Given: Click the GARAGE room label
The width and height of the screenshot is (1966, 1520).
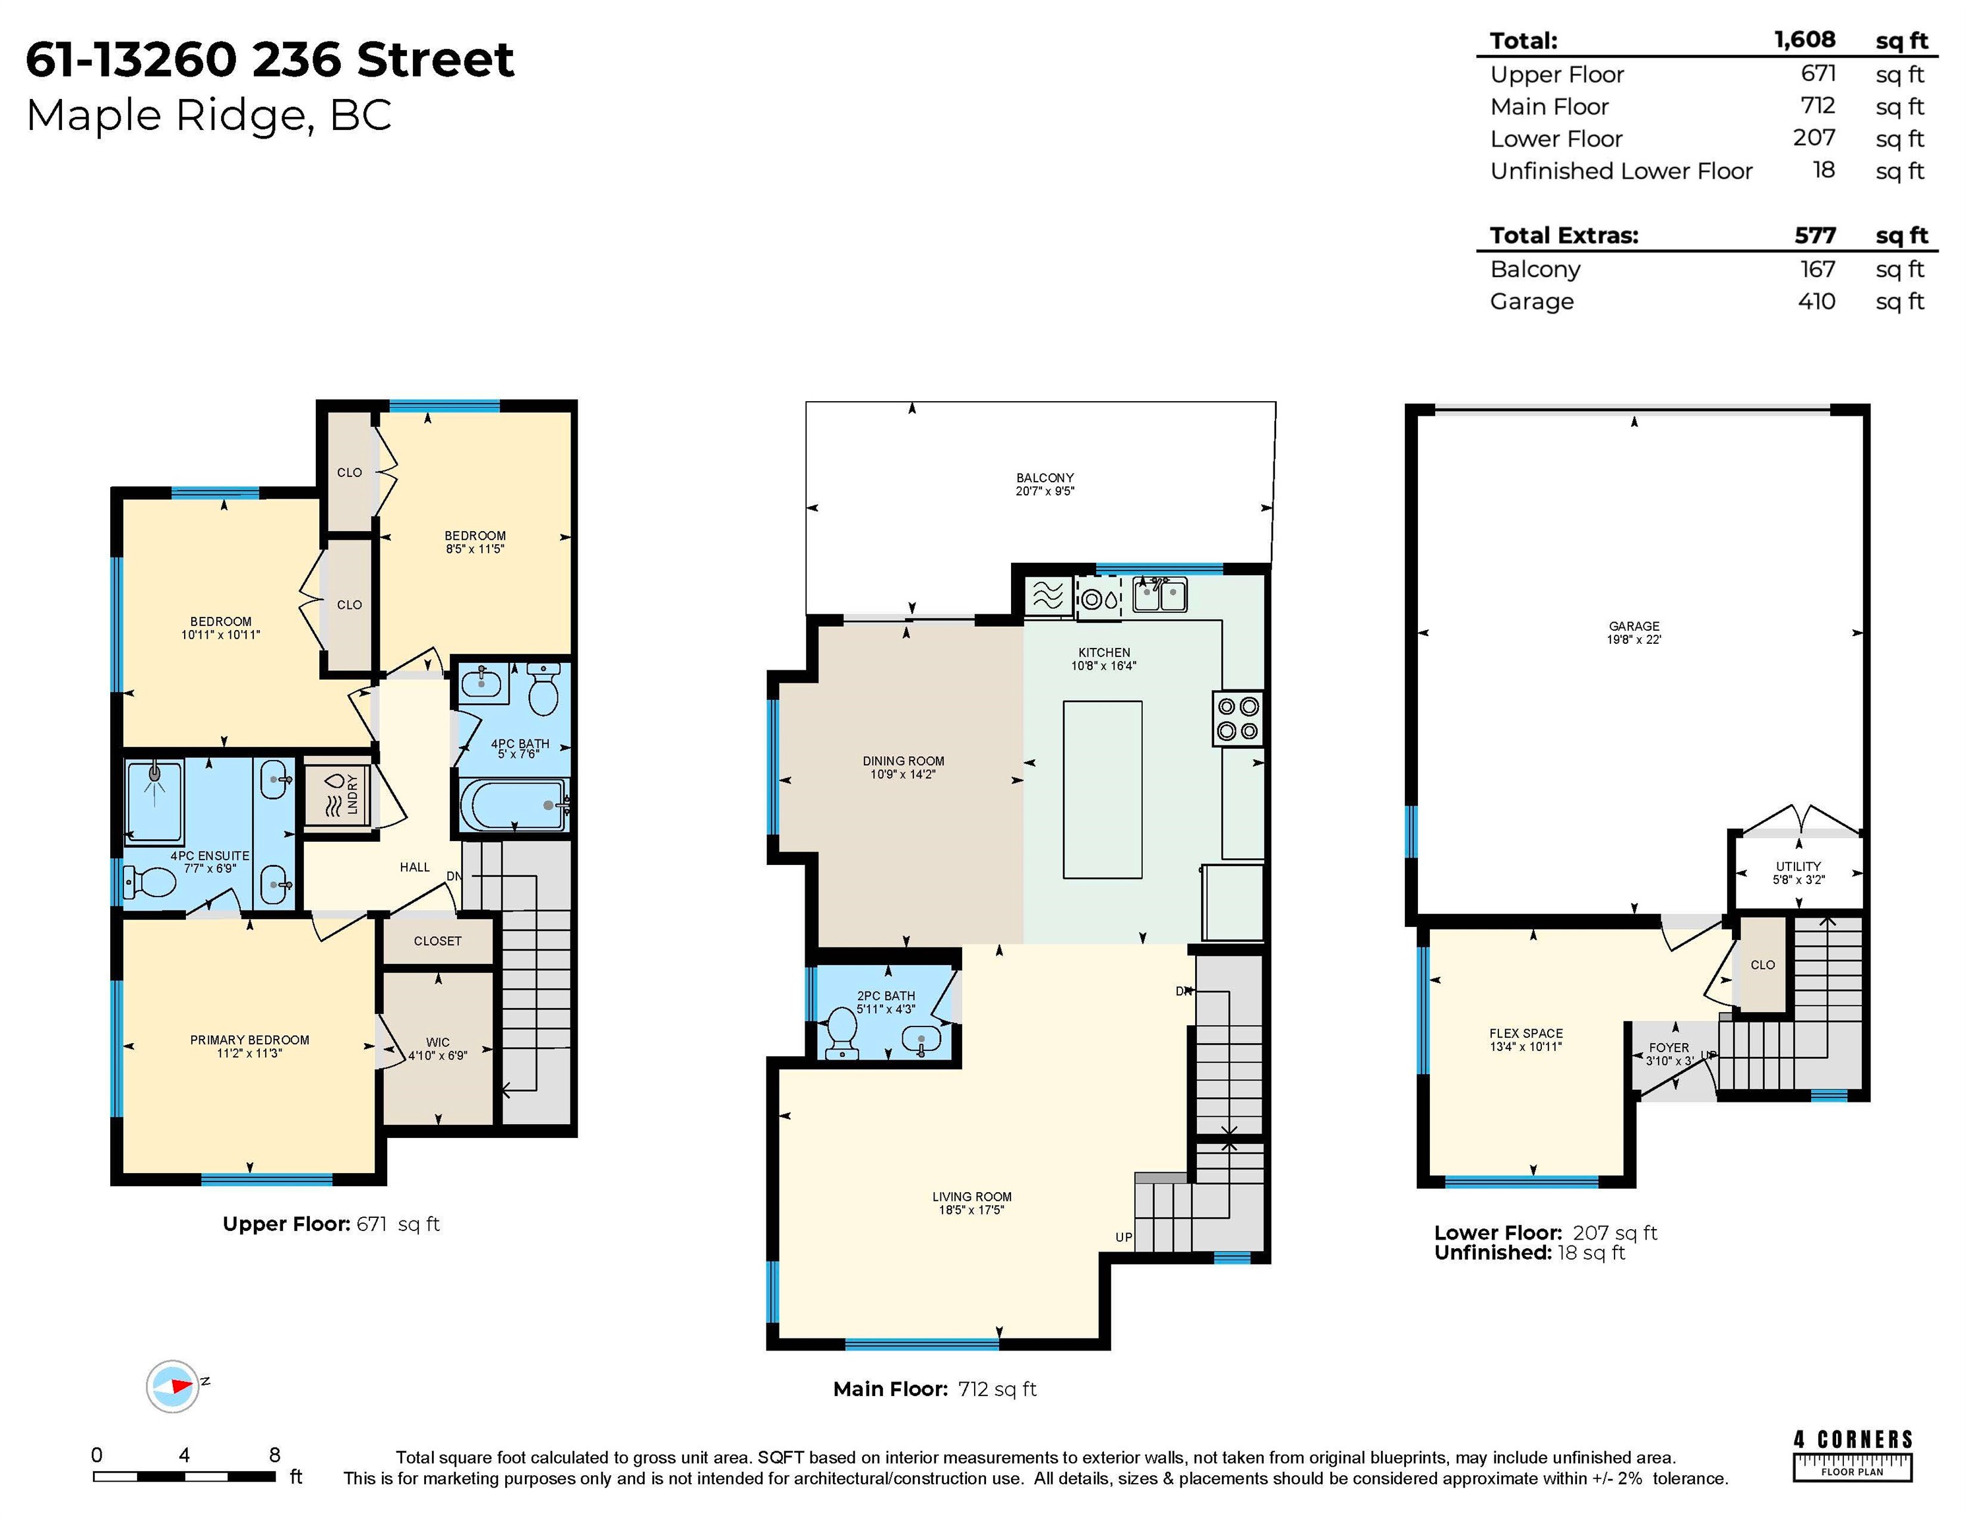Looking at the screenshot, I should point(1634,626).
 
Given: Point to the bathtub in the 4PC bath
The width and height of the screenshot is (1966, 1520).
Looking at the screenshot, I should point(513,804).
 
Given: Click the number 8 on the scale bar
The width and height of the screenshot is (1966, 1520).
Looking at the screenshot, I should point(274,1454).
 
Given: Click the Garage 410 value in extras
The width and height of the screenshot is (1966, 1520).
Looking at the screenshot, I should point(1816,301).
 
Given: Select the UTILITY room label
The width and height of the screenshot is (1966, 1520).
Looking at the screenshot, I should point(1798,866).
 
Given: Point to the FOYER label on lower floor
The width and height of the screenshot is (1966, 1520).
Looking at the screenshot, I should point(1669,1047).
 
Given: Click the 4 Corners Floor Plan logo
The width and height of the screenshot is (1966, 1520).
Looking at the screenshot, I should point(1852,1454).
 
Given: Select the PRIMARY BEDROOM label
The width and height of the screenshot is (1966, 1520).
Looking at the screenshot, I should point(249,1040).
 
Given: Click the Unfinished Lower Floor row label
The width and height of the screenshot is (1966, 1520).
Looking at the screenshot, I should point(1621,171).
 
